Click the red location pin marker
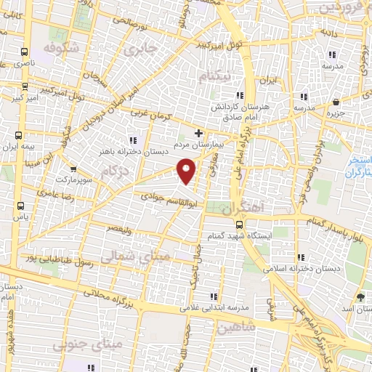tap(187, 171)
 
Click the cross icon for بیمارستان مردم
tap(198, 133)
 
